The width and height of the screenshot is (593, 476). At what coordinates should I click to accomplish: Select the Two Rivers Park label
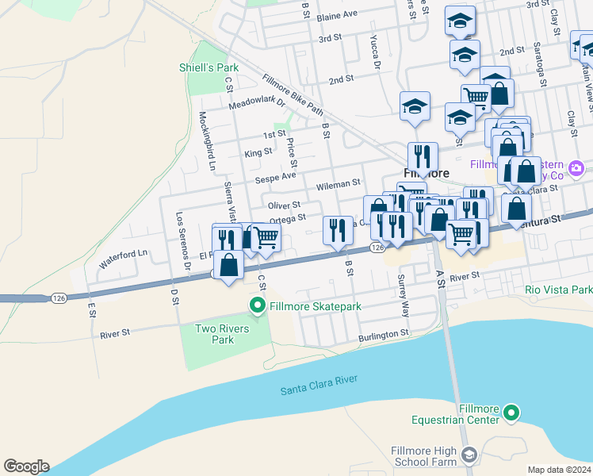223,334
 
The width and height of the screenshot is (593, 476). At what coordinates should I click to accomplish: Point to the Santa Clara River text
316,390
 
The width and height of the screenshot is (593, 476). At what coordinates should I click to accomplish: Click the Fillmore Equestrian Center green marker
511,412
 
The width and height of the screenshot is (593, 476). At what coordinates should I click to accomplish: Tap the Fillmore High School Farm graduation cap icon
469,455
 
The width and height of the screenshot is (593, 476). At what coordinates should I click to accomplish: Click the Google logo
26,466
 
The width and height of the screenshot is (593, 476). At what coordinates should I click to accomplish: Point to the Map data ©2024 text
560,470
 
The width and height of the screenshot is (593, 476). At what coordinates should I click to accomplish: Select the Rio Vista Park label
558,290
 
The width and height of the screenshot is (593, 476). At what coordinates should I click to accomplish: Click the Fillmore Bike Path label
293,92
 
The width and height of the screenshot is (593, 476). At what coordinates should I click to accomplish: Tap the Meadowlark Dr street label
256,104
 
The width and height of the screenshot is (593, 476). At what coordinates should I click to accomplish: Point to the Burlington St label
383,336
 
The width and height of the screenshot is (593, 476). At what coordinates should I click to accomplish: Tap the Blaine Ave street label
337,15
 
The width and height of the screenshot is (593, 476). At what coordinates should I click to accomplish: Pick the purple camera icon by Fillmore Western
576,167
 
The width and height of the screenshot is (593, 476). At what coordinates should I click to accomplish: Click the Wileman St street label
339,184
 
